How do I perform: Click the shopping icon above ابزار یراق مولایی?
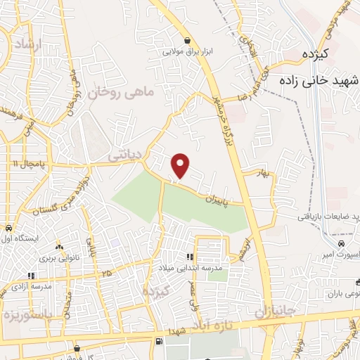(x=188, y=41)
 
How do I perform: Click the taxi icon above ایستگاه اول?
(x=8, y=228)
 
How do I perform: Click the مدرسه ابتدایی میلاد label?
(x=191, y=268)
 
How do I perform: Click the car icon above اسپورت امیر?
(x=341, y=243)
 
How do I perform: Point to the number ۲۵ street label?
(x=106, y=273)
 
